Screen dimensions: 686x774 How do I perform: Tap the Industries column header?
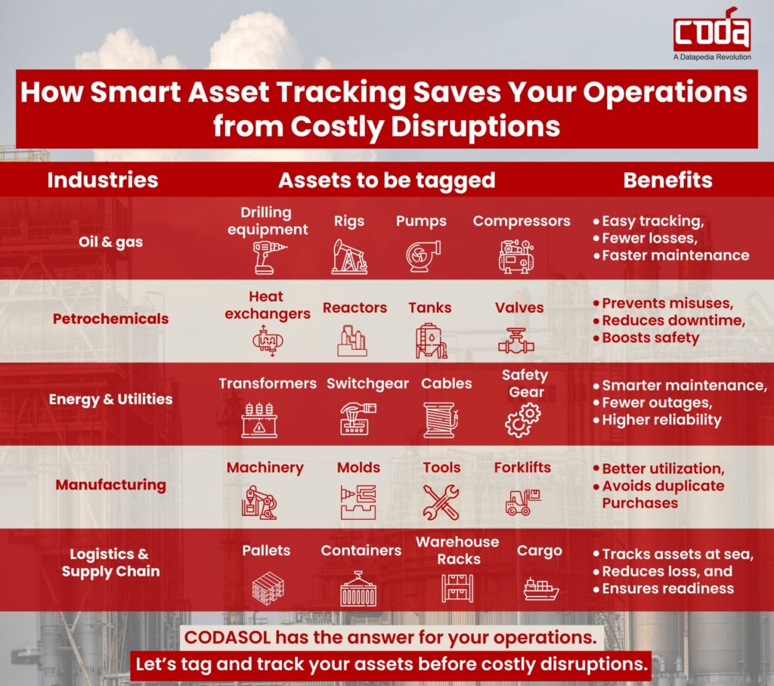coord(103,180)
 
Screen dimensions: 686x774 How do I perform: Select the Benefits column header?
coord(667,180)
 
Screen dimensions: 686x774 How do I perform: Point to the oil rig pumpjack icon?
coord(349,256)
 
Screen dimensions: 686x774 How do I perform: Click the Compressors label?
coord(522,221)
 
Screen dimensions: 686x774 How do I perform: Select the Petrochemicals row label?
coord(110,319)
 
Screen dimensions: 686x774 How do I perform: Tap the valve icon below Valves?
coord(515,341)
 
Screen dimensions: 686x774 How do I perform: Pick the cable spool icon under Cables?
coord(441,419)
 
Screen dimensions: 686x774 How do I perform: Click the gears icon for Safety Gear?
coord(523,420)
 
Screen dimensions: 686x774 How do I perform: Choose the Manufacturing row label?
coord(110,484)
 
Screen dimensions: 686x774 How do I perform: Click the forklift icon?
coord(522,500)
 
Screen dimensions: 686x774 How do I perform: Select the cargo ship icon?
coord(540,589)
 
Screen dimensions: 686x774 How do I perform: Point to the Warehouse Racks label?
coord(458,551)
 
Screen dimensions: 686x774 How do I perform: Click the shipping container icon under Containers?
coord(358,589)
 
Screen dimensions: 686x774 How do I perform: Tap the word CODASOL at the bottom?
coord(227,637)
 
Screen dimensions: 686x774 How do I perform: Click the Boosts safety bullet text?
coord(651,338)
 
